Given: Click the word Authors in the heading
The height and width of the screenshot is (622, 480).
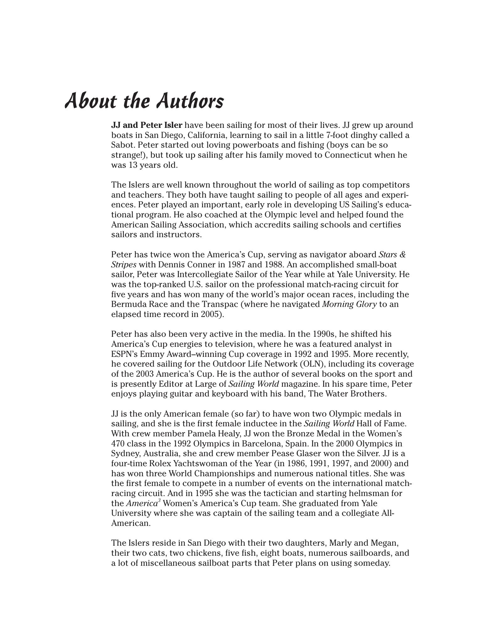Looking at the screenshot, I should [x=190, y=101].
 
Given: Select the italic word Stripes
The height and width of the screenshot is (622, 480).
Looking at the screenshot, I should [x=124, y=265].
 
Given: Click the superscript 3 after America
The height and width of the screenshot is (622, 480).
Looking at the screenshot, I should [x=159, y=500].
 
